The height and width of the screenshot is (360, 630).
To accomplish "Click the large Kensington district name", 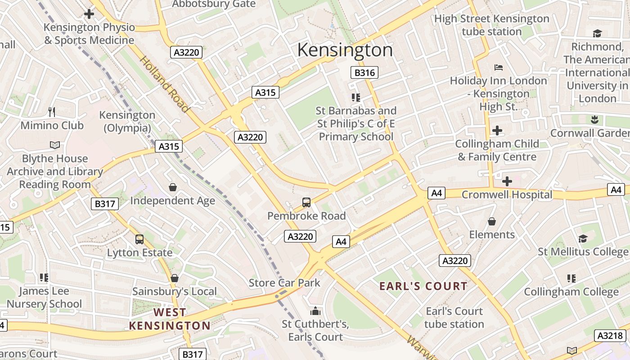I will click(345, 50).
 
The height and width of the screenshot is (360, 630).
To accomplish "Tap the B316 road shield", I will click(364, 72).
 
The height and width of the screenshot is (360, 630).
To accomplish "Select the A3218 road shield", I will click(611, 335).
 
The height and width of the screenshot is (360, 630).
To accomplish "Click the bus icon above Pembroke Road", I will click(306, 202).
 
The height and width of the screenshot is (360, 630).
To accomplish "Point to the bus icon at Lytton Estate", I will click(139, 239).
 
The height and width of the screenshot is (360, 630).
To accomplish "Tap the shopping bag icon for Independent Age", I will click(173, 187).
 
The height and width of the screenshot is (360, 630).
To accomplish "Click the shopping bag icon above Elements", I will click(492, 221).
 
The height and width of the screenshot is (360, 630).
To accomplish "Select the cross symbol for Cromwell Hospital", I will click(507, 181).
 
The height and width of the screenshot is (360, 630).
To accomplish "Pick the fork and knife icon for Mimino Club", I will click(52, 112).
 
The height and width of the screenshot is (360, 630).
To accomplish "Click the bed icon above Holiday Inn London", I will click(498, 67).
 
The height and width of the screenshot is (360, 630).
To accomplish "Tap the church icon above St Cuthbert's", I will click(315, 311).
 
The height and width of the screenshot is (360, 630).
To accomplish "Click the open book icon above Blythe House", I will click(54, 145).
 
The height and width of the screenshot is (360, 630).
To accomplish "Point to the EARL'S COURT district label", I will click(423, 286).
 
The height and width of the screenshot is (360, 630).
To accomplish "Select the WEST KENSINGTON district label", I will click(170, 319).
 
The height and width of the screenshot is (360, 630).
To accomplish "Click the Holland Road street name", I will click(165, 84).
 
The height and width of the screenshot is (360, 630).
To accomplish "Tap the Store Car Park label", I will click(284, 283).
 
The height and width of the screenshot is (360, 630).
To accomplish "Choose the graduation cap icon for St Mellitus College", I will click(583, 238).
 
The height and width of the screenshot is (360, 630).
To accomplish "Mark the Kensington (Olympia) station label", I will click(127, 121).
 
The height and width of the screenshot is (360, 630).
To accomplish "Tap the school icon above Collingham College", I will click(571, 279).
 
